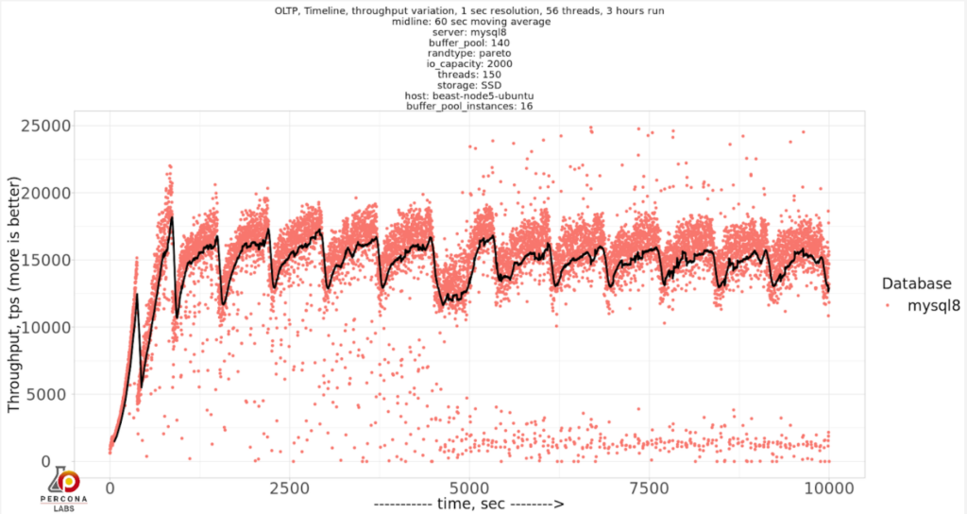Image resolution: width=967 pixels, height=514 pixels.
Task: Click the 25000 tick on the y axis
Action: tap(72, 127)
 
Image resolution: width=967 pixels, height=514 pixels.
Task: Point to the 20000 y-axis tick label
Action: tap(72, 194)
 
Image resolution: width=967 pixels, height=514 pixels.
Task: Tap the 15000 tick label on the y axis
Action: tap(72, 261)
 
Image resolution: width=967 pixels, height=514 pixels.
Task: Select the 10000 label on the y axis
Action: tap(72, 328)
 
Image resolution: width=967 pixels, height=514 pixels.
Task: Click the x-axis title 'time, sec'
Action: tap(469, 505)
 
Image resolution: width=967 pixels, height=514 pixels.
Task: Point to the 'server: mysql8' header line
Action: tap(470, 32)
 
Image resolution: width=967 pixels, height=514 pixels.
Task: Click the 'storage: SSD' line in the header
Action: tap(470, 84)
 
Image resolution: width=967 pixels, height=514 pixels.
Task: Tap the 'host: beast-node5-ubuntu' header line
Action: tap(470, 94)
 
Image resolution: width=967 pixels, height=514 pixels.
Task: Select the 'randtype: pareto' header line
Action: tap(470, 53)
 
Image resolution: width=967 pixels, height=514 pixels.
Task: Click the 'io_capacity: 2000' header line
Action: tap(470, 63)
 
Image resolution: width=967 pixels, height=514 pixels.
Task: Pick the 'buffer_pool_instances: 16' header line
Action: tap(470, 105)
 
